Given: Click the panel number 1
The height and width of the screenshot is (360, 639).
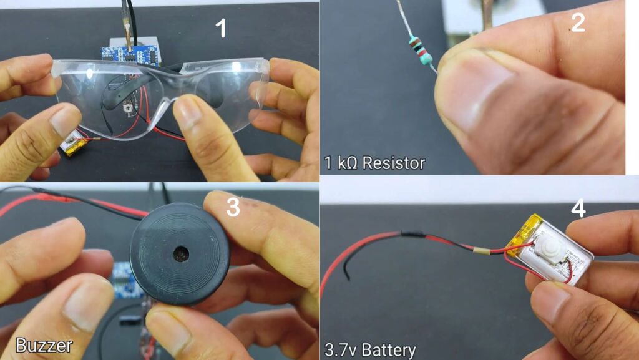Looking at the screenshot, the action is tap(221, 29).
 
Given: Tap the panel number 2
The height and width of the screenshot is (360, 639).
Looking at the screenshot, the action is tap(578, 22).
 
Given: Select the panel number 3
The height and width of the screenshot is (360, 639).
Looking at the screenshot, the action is tap(233, 207).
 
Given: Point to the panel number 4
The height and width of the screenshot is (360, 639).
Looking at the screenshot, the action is tap(578, 208).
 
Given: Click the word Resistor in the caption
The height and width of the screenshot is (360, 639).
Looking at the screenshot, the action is tap(394, 163).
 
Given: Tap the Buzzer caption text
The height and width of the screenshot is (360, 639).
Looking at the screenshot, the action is tap(44, 346).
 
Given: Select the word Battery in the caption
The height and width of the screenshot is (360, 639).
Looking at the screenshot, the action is tap(389, 350).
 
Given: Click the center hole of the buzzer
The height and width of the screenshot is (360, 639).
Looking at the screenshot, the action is tap(181, 254).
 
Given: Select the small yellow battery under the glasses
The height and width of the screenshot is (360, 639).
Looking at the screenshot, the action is tap(76, 145).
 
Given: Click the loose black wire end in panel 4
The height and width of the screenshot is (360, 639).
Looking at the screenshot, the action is tap(347, 277).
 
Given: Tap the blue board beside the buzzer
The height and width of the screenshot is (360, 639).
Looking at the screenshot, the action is tap(124, 280).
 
